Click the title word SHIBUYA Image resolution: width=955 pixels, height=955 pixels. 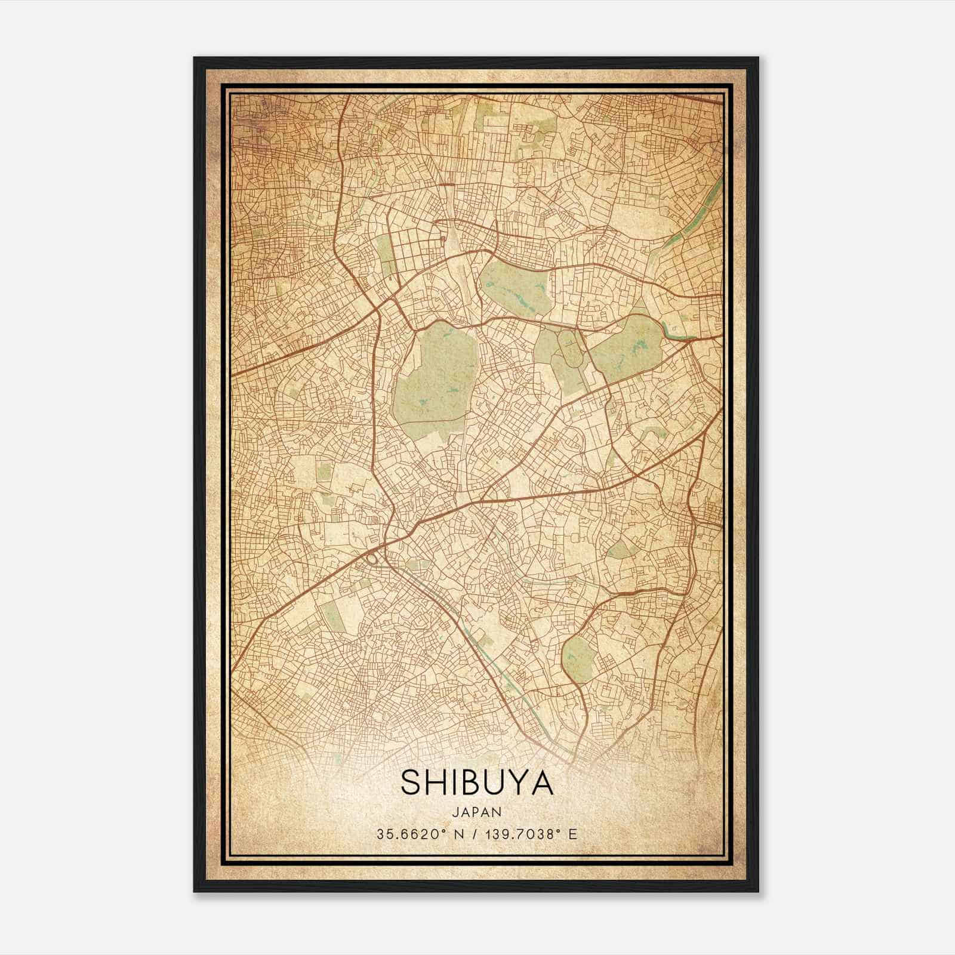coord(477,781)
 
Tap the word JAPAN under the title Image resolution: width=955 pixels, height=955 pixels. coord(477,811)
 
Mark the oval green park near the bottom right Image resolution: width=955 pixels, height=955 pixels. coord(577,658)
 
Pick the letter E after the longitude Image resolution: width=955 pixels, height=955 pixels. coord(573,834)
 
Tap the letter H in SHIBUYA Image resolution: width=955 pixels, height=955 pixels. coord(435,781)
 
